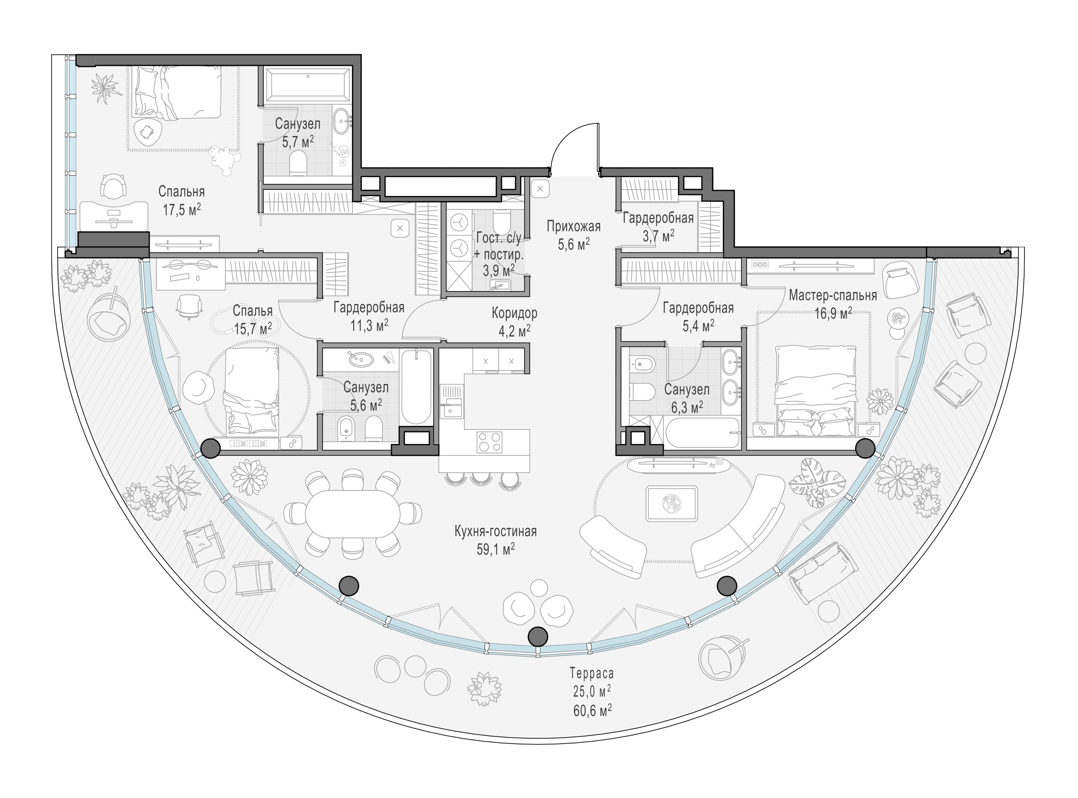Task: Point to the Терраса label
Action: click(x=592, y=673)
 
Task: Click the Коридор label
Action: click(x=514, y=313)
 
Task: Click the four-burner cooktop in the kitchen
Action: click(x=489, y=442)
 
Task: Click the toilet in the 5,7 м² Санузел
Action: click(x=299, y=163)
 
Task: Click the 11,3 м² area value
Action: click(x=370, y=325)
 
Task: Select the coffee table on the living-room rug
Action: click(x=671, y=503)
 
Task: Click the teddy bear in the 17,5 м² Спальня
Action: click(x=225, y=159)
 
